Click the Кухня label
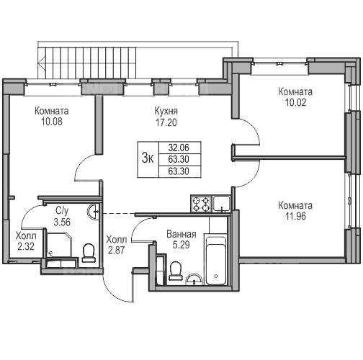click(x=166, y=112)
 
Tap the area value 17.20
click(x=166, y=122)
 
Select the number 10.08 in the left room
click(x=52, y=122)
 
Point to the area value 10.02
click(x=295, y=102)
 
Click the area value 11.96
click(x=295, y=216)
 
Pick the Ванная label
click(x=181, y=234)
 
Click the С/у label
click(x=62, y=211)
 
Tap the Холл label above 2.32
click(x=26, y=236)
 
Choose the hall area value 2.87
click(x=116, y=251)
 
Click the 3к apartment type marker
click(x=148, y=158)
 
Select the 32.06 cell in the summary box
click(x=179, y=148)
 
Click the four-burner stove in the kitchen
click(x=201, y=204)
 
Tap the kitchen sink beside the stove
click(x=222, y=204)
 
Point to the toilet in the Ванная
click(x=175, y=271)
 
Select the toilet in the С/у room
click(x=89, y=253)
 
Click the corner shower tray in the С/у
click(x=59, y=245)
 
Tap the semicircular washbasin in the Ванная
click(x=194, y=280)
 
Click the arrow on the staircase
click(x=42, y=62)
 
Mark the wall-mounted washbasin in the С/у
click(x=92, y=212)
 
